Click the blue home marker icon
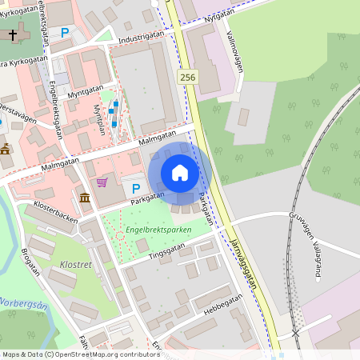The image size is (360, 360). click(180, 173)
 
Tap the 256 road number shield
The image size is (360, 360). click(187, 77)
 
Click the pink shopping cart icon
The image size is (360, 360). click(102, 182)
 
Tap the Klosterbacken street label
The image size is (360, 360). click(56, 206)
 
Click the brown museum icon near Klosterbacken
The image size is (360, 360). click(84, 197)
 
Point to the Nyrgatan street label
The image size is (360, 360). click(221, 16)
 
